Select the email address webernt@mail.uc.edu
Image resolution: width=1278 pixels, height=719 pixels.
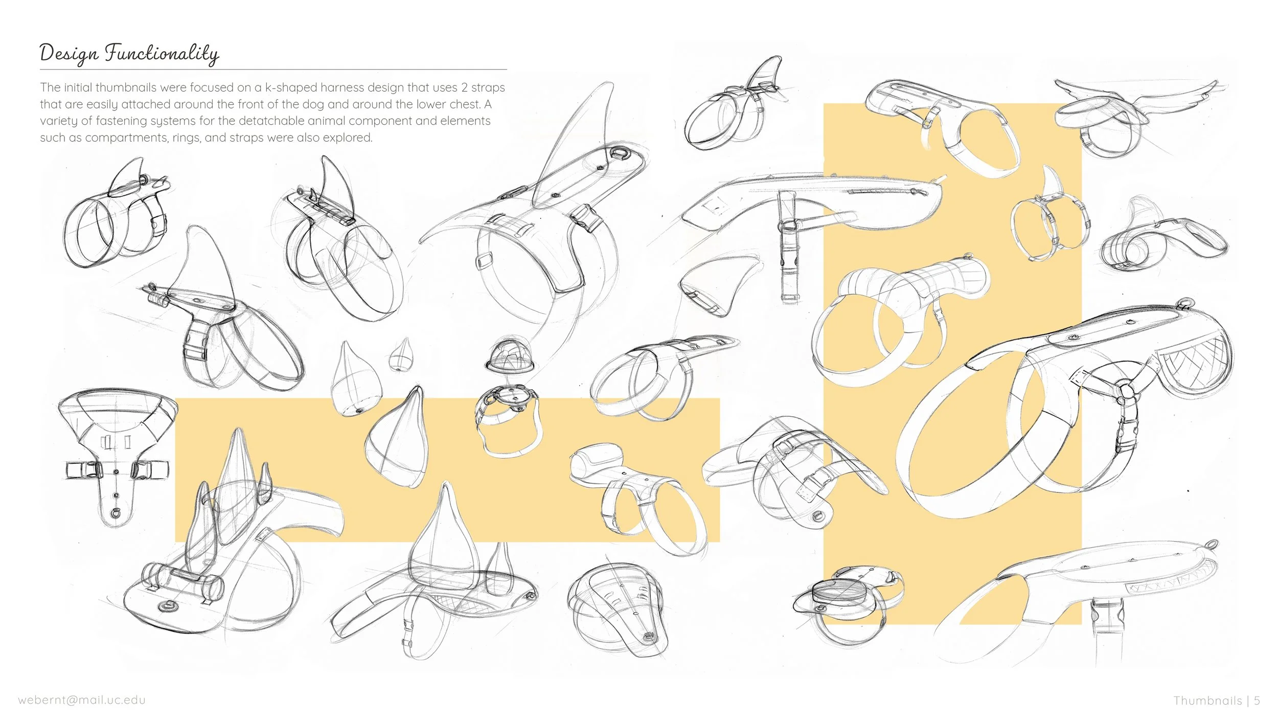click(x=82, y=700)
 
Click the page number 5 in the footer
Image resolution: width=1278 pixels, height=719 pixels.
click(x=1257, y=701)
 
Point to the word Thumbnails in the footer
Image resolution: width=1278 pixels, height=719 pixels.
click(x=1207, y=701)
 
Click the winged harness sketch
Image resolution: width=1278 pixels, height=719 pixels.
click(x=1135, y=115)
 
